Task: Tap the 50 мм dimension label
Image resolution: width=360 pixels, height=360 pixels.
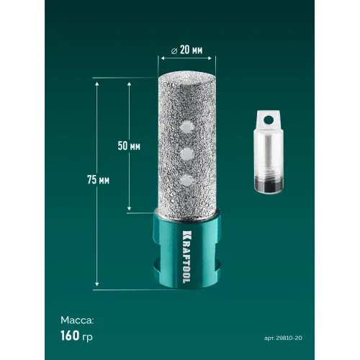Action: point(129,145)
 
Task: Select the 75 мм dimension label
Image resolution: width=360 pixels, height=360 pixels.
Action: point(98,180)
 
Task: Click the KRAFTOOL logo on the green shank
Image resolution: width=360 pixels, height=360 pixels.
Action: point(186,257)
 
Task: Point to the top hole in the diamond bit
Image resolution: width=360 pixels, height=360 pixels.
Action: point(187,126)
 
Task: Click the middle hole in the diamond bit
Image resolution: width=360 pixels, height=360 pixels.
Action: point(187,153)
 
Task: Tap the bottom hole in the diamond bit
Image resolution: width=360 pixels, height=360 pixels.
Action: point(187,181)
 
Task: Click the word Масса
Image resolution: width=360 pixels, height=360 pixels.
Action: point(77,320)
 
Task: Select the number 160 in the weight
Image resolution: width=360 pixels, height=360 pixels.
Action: point(70,336)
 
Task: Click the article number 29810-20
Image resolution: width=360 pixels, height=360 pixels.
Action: point(289,338)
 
